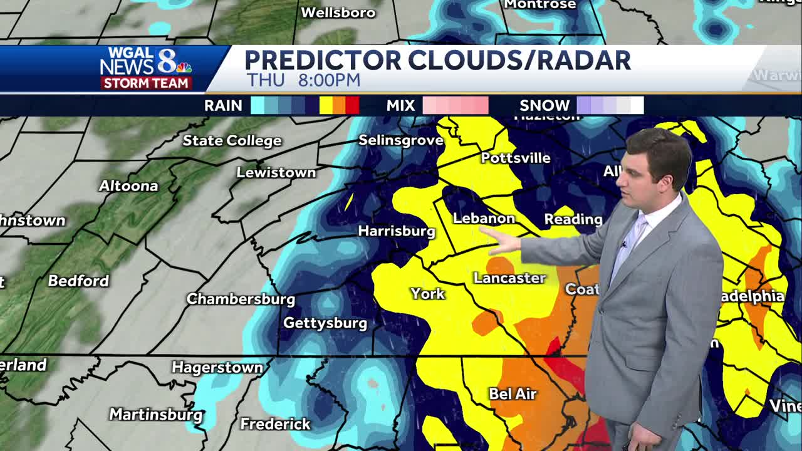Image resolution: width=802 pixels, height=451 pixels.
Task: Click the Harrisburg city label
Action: coord(396,231)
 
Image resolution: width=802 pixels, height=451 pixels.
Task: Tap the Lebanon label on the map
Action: coord(484,219)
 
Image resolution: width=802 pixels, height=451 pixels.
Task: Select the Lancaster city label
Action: coord(509,278)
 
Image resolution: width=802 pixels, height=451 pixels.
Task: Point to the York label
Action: coord(427,294)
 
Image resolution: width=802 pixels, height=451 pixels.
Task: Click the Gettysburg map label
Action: coord(325,323)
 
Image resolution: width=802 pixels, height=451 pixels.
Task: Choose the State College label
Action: coord(232,141)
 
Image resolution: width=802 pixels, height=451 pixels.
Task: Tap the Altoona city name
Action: coord(128,186)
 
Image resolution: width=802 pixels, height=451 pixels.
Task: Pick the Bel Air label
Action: coord(513,394)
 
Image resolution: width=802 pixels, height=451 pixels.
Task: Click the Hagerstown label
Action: coord(217,368)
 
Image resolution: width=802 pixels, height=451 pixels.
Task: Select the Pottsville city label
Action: coord(516,158)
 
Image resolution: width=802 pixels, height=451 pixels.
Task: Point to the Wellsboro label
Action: coord(338,13)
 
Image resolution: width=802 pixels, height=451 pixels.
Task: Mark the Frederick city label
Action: coord(275,424)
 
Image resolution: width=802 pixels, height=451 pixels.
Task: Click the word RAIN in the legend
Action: coord(223,106)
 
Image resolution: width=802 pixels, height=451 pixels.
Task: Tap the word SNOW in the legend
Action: coord(544,106)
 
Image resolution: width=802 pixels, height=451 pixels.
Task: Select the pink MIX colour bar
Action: coord(456,106)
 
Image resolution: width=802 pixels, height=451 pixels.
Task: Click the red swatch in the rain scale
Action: coord(352,106)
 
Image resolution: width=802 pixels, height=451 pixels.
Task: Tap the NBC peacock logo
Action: coord(184,68)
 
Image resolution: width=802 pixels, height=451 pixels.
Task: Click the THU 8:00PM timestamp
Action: coord(303,80)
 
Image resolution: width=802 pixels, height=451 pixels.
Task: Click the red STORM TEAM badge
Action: coord(146,83)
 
